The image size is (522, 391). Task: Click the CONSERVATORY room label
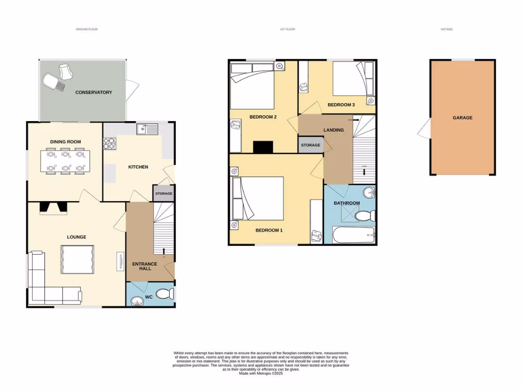93,92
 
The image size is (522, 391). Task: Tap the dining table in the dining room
65,161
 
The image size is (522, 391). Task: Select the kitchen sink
147,129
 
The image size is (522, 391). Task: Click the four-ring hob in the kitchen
110,144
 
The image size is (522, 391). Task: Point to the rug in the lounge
77,260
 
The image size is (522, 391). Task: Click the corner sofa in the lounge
41,285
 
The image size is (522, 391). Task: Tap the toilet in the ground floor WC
164,294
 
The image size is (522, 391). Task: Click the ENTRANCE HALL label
141,266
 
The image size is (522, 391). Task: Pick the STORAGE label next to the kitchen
164,193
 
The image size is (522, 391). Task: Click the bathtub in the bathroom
353,236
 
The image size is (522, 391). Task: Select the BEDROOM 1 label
269,230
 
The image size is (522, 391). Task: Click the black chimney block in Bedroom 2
264,147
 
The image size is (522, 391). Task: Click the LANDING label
333,130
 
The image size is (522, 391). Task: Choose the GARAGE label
462,118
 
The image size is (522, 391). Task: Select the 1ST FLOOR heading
288,29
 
